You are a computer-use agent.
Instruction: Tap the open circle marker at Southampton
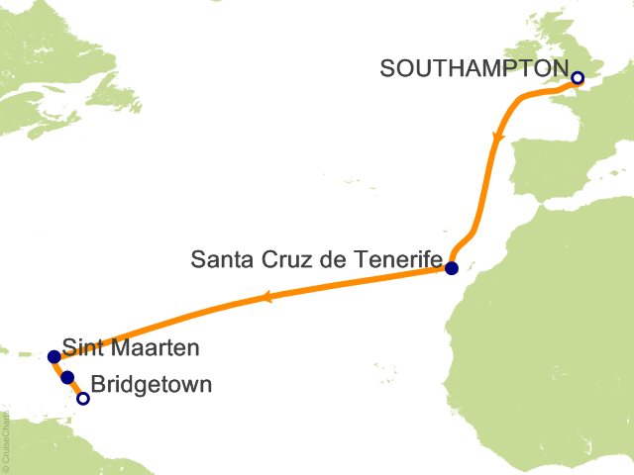tap(578, 78)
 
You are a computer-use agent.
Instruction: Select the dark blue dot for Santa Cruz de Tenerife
tap(452, 268)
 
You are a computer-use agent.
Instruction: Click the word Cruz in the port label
tap(279, 259)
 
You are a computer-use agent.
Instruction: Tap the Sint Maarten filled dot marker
tap(53, 356)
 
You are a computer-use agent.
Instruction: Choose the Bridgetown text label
tap(151, 384)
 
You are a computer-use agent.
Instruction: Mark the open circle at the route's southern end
tap(83, 399)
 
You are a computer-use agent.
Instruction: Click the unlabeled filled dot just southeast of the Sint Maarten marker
tap(67, 377)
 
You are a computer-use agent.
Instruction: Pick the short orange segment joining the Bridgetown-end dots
tap(75, 388)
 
